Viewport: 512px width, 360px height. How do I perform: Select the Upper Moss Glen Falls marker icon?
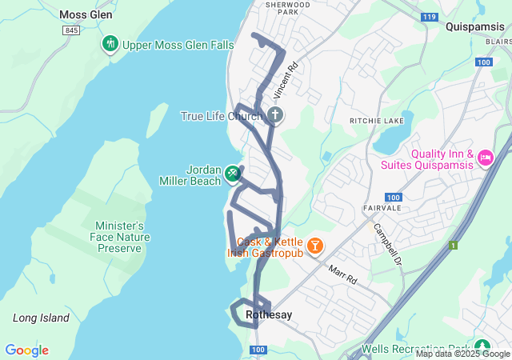(x=110, y=44)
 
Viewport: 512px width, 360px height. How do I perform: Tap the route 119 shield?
(x=430, y=16)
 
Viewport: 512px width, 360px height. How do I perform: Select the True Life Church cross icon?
(x=274, y=116)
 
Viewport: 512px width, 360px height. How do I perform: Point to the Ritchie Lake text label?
(x=372, y=120)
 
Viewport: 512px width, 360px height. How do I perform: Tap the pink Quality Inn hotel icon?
(x=485, y=158)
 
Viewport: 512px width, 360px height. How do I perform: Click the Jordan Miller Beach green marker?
(x=232, y=172)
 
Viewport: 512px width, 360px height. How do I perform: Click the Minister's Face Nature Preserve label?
(x=119, y=237)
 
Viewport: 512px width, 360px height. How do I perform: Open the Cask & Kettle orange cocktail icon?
(x=315, y=244)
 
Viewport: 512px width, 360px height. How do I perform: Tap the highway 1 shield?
(x=454, y=245)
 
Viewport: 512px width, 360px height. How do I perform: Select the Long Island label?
(x=41, y=318)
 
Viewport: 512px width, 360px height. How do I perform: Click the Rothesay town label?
(x=269, y=315)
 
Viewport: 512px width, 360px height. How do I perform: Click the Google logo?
(x=26, y=350)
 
